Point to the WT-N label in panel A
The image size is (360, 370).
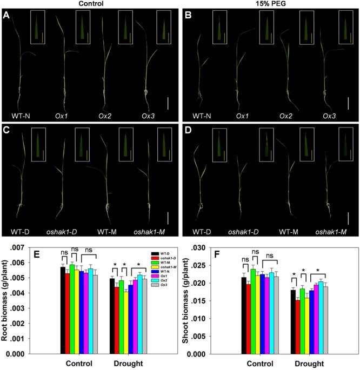click(x=18, y=115)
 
